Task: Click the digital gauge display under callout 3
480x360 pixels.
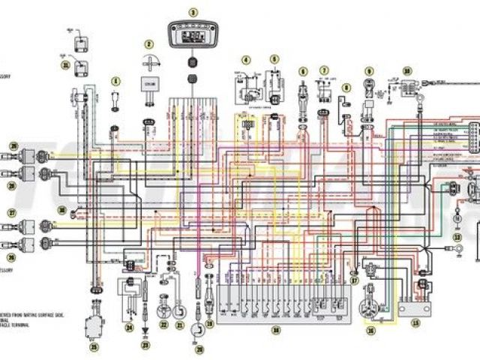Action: coord(193,36)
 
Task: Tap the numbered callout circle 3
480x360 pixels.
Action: coord(193,13)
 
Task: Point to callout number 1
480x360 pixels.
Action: coord(115,80)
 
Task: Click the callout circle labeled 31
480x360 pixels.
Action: coord(65,65)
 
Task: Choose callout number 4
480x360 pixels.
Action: coord(245,59)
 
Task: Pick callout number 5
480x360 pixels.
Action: coord(274,59)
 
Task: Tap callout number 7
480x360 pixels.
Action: coord(324,70)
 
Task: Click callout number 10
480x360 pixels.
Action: coord(407,70)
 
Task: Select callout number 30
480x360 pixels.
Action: coord(63,211)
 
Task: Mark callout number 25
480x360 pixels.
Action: coord(94,347)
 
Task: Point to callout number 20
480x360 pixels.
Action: coord(199,349)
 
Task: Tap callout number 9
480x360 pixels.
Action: coord(369,70)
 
